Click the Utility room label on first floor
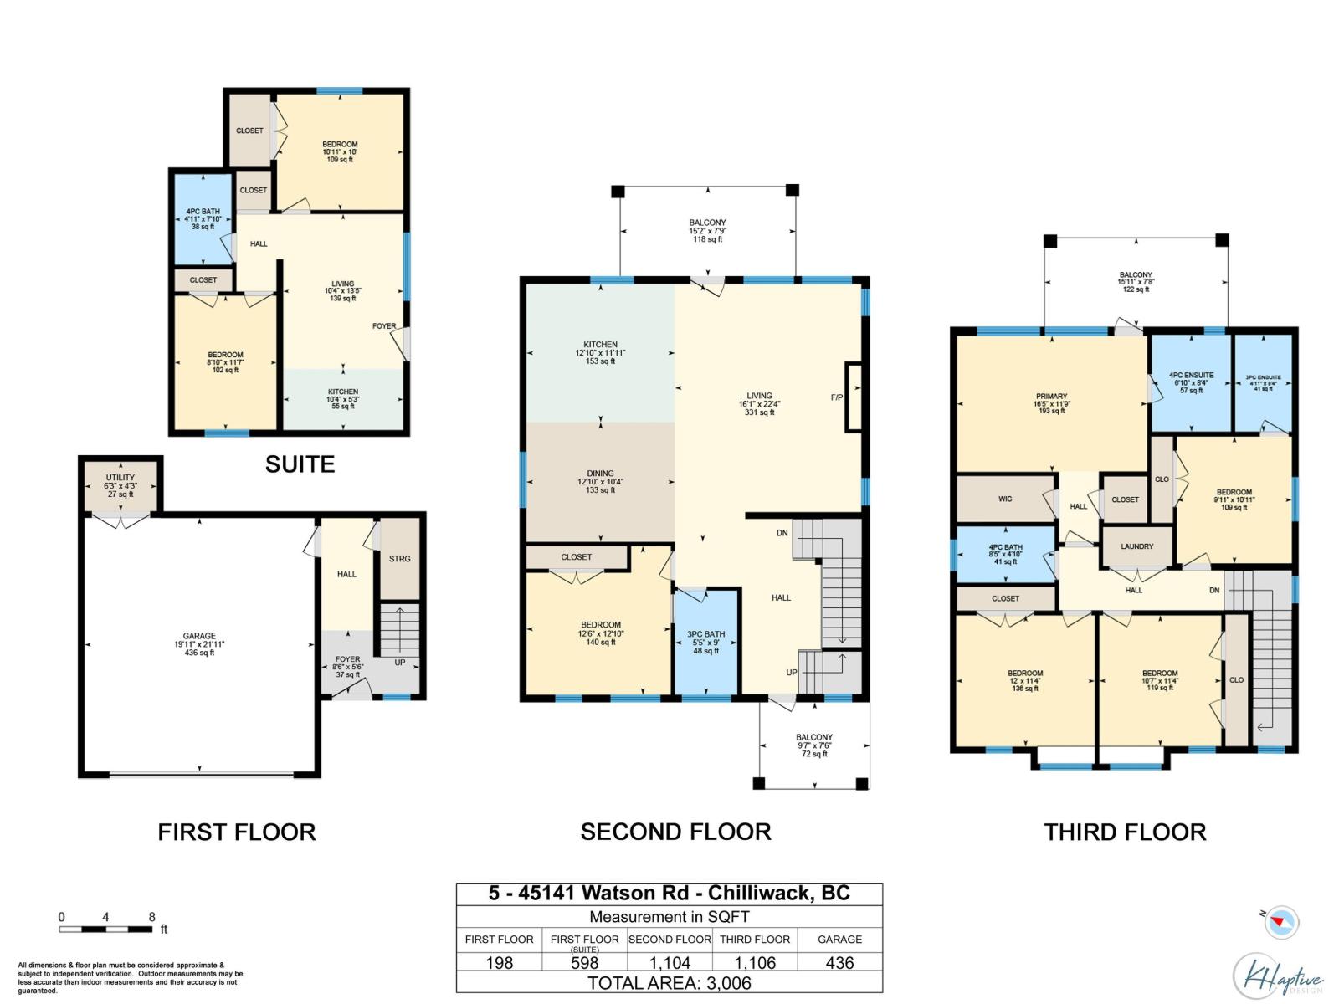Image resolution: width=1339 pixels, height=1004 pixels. click(121, 485)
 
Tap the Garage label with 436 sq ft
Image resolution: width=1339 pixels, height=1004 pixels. click(199, 643)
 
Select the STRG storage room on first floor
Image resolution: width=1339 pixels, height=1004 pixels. click(399, 559)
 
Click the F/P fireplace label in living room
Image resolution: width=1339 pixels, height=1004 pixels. click(836, 397)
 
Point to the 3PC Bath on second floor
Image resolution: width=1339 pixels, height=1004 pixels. click(705, 642)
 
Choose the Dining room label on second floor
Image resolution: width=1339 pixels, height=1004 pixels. click(600, 481)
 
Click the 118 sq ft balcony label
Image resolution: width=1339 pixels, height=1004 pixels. click(707, 231)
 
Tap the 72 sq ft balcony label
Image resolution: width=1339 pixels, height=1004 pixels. click(813, 745)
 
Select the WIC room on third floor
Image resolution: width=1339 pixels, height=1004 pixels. click(1005, 499)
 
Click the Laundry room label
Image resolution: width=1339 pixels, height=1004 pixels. click(1136, 546)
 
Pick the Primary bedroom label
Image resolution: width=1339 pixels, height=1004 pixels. click(1051, 403)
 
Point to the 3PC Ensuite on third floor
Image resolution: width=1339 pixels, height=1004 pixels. click(1263, 382)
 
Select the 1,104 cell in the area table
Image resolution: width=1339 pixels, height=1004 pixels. click(669, 963)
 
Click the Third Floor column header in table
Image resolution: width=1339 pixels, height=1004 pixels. click(755, 940)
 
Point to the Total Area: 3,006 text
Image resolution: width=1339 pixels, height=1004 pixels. click(669, 983)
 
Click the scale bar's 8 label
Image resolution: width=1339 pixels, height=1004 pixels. click(151, 917)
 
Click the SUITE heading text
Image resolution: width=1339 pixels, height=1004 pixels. click(300, 464)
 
